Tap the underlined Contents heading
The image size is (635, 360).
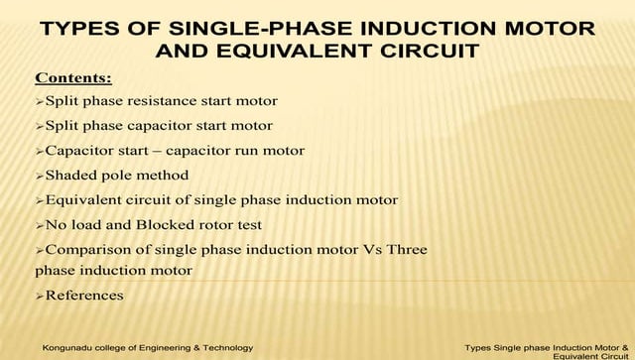pyautogui.click(x=73, y=77)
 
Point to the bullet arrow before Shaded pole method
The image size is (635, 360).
pyautogui.click(x=40, y=176)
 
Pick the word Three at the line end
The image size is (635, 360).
pyautogui.click(x=407, y=250)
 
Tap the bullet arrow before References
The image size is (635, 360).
pyautogui.click(x=40, y=296)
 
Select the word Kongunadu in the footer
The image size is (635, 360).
pyautogui.click(x=66, y=348)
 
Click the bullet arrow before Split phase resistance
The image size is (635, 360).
pyautogui.click(x=40, y=101)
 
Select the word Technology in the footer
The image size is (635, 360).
pyautogui.click(x=227, y=348)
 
